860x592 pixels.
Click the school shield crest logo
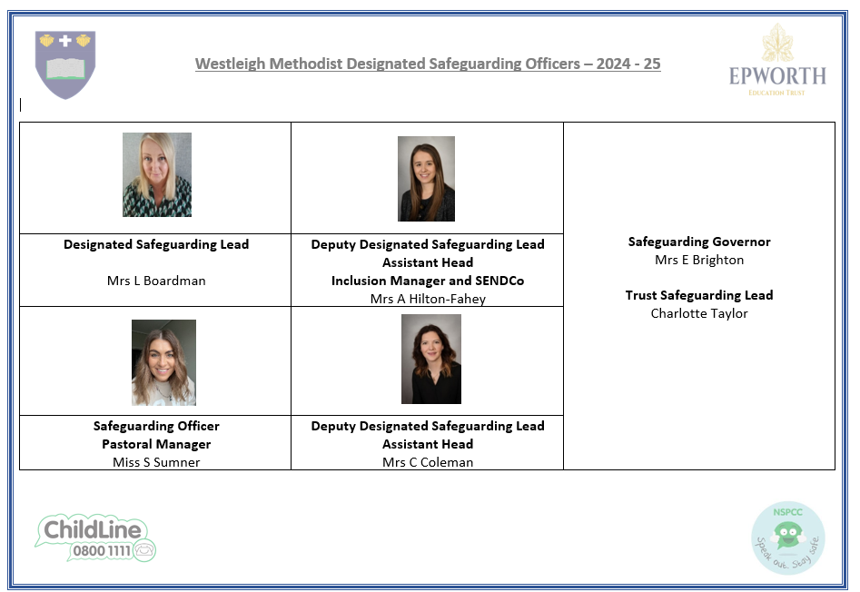click(65, 64)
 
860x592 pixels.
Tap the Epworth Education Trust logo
click(777, 60)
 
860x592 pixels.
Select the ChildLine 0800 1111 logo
click(95, 538)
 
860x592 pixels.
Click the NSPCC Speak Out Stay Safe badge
click(787, 538)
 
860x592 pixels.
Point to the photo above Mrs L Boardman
click(157, 175)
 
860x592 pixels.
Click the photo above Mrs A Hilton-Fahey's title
click(426, 179)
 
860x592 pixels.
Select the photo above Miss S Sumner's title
click(163, 362)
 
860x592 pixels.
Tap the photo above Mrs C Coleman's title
click(431, 359)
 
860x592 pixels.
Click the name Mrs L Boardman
click(156, 281)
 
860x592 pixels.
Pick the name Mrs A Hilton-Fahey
click(428, 299)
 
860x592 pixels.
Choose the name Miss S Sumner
click(156, 462)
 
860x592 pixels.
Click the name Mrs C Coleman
click(428, 462)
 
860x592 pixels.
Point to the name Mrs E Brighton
click(699, 260)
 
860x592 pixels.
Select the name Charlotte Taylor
click(699, 313)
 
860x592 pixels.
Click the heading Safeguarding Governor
click(699, 242)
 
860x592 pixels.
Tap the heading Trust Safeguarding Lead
click(699, 295)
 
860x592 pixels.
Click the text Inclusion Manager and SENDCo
click(428, 281)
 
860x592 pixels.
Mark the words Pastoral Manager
click(156, 444)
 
